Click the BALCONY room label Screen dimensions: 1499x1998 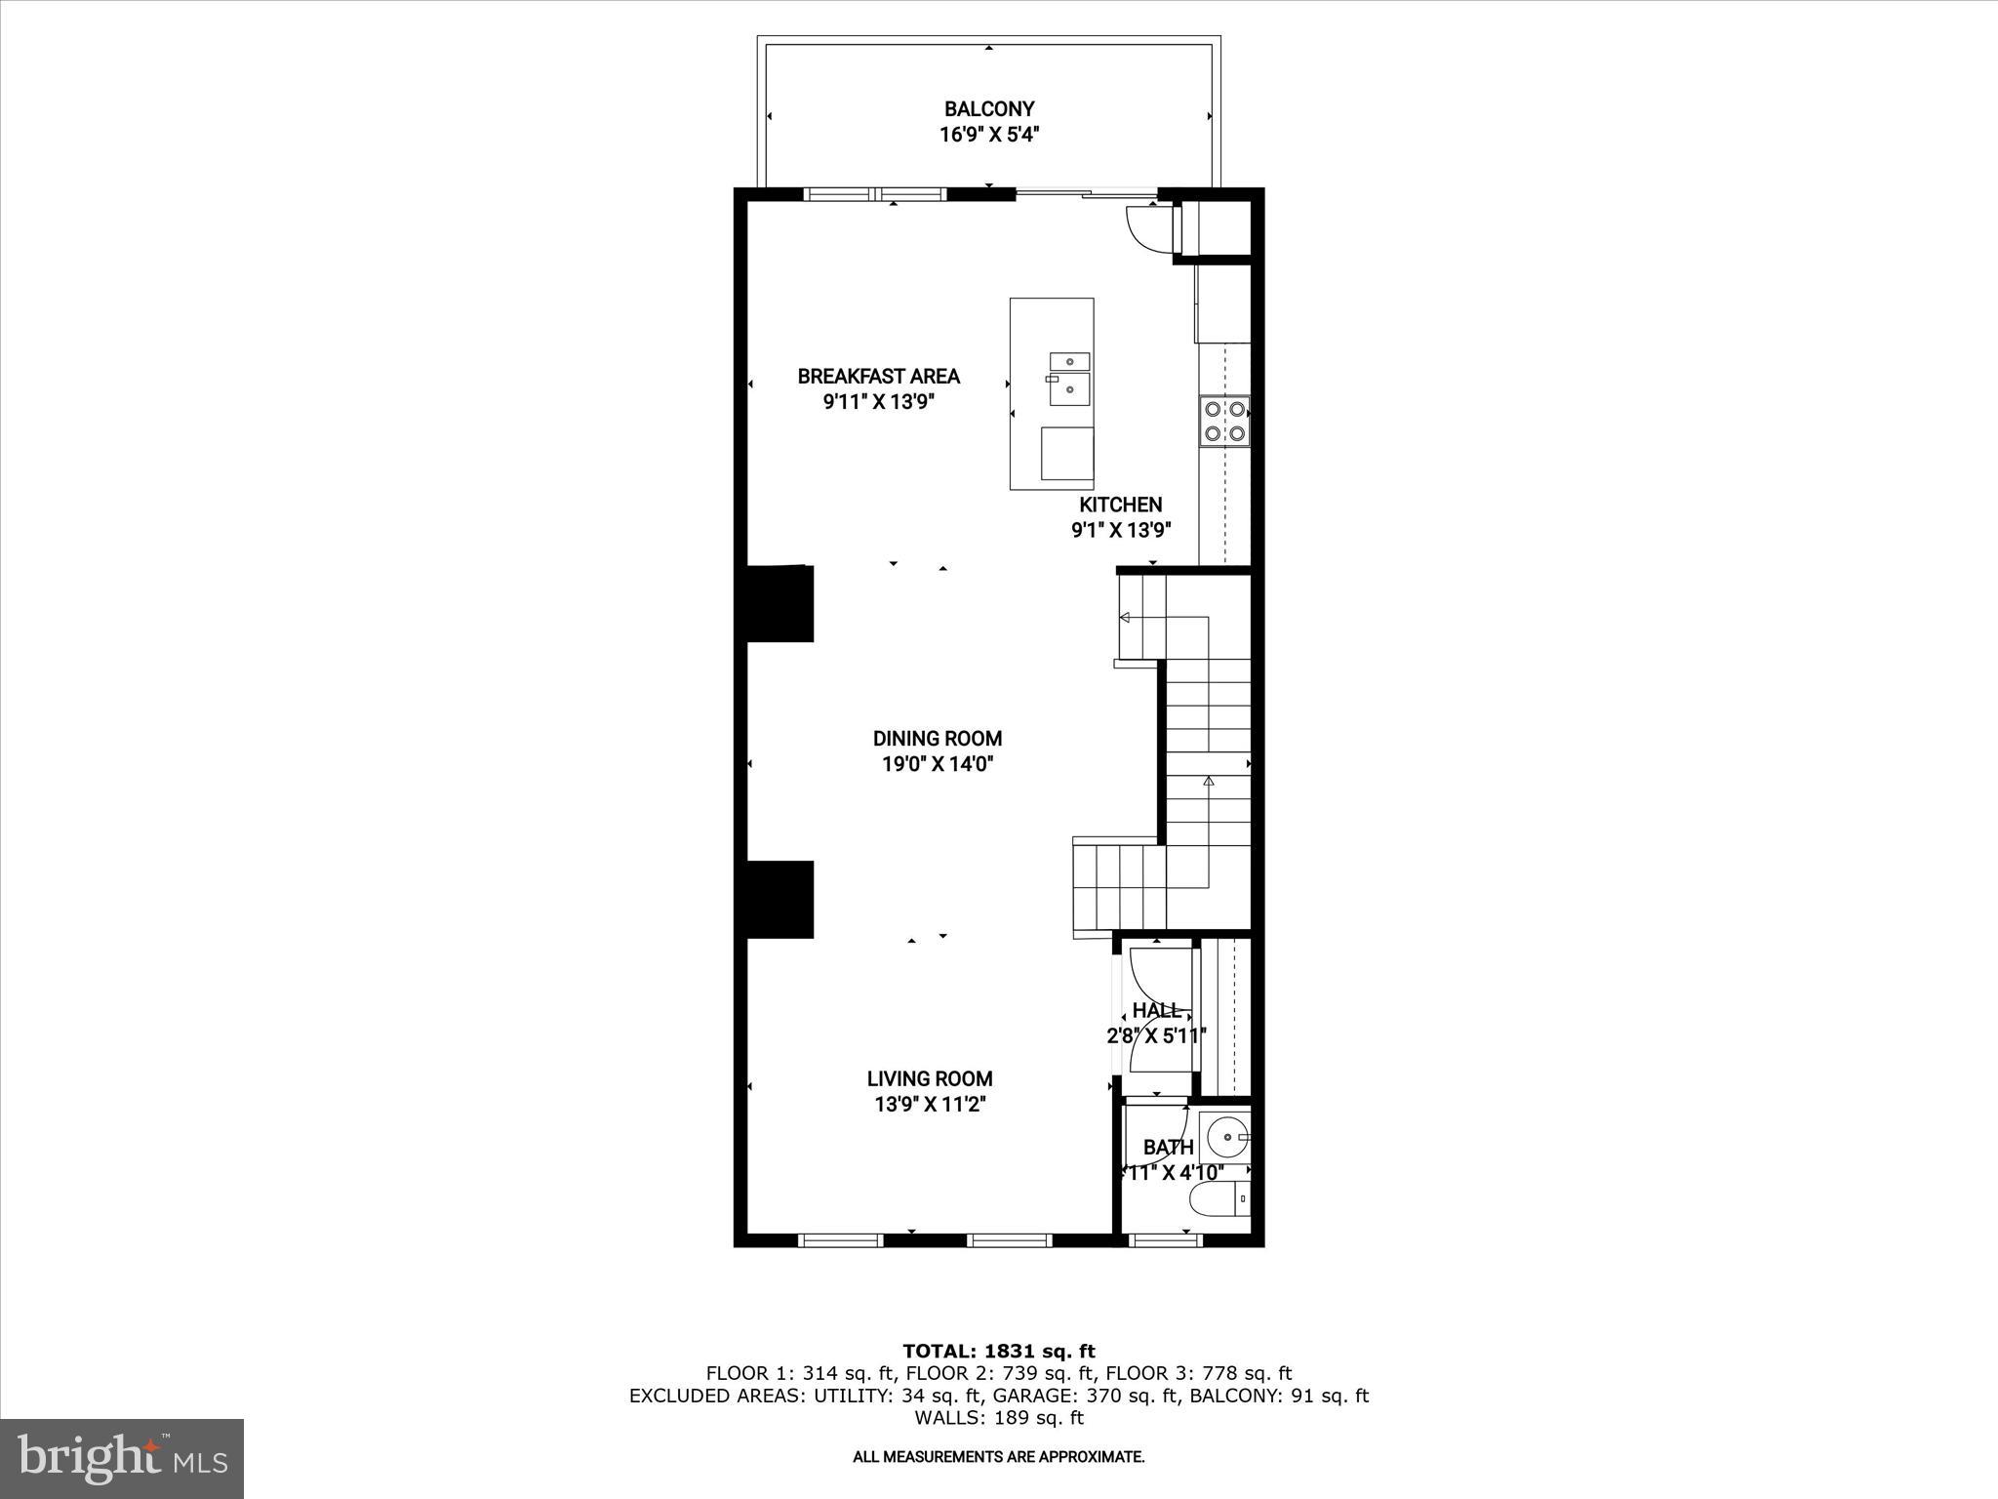pos(988,109)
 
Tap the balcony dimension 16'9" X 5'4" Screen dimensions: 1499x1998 pos(988,135)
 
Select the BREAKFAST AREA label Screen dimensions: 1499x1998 pos(878,376)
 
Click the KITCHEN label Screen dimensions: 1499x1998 pos(1120,505)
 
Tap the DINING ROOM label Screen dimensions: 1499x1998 pos(937,739)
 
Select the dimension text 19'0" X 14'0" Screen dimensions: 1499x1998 pos(937,764)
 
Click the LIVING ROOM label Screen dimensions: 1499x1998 pos(930,1078)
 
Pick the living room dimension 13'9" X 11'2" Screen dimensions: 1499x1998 pos(930,1105)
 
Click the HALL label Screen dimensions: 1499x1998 pos(1157,1010)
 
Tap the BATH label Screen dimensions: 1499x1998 pos(1168,1147)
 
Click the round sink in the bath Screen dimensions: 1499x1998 pos(1224,1136)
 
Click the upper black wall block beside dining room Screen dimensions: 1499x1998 pos(779,604)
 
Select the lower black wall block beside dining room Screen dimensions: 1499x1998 pos(779,899)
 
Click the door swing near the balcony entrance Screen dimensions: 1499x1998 pos(1144,229)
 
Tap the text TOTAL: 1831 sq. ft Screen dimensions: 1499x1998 pos(998,1351)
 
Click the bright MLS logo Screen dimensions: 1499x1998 pos(122,1458)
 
